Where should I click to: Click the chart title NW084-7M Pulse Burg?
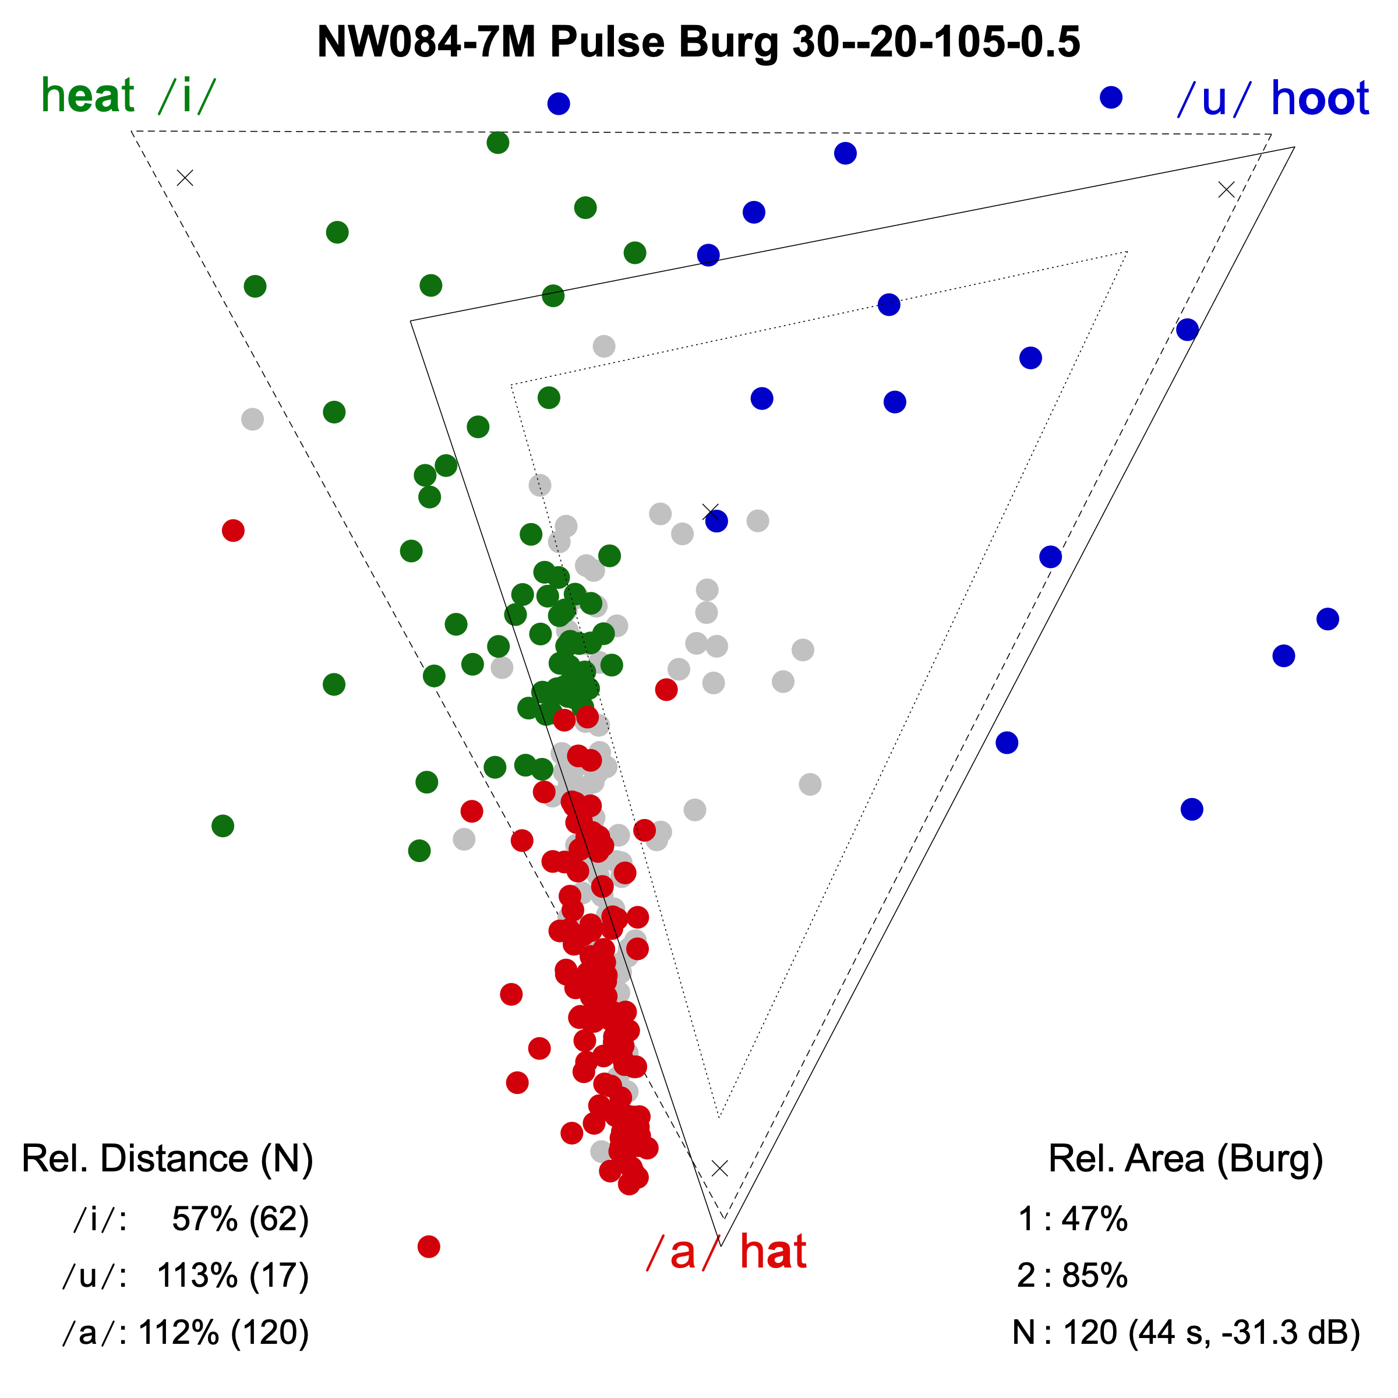pyautogui.click(x=698, y=42)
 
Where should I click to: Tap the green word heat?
pyautogui.click(x=87, y=96)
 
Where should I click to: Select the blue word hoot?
pyautogui.click(x=1320, y=98)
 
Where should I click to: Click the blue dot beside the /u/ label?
pyautogui.click(x=1111, y=97)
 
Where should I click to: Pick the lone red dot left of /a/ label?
pyautogui.click(x=429, y=1246)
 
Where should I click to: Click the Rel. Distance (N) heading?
pyautogui.click(x=167, y=1158)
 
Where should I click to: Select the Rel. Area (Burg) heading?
pyautogui.click(x=1185, y=1158)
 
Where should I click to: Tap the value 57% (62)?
pyautogui.click(x=240, y=1219)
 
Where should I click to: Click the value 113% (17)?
pyautogui.click(x=232, y=1275)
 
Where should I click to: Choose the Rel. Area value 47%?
pyautogui.click(x=1094, y=1219)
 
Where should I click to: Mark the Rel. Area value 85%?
pyautogui.click(x=1094, y=1275)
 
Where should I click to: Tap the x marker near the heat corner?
pyautogui.click(x=185, y=177)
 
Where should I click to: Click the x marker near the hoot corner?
pyautogui.click(x=1226, y=189)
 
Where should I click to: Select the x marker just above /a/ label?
pyautogui.click(x=719, y=1168)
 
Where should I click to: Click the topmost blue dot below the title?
pyautogui.click(x=559, y=104)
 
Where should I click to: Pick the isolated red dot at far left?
pyautogui.click(x=233, y=531)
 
